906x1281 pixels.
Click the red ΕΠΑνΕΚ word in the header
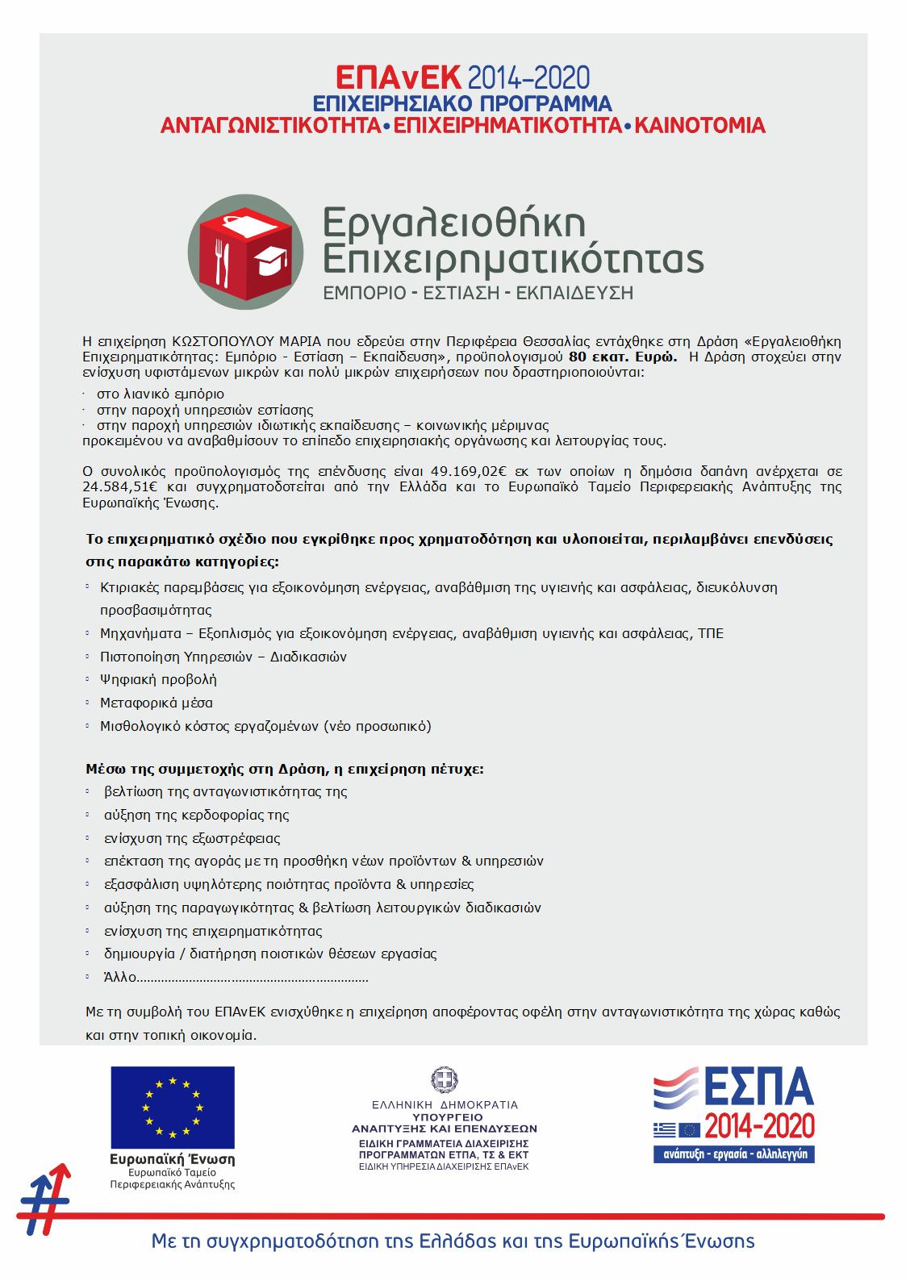click(399, 77)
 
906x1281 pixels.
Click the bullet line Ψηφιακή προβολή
click(158, 679)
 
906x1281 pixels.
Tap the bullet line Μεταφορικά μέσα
click(157, 703)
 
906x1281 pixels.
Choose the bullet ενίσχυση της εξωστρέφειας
click(192, 838)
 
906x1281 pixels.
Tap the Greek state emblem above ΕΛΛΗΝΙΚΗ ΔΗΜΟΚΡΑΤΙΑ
click(443, 1079)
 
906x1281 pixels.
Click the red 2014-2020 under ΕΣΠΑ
click(759, 1125)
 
